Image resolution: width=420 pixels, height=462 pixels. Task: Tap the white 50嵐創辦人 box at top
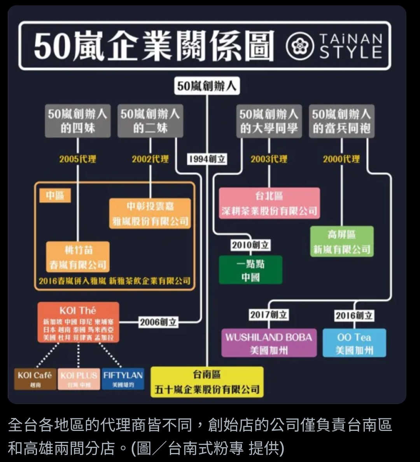tap(206, 86)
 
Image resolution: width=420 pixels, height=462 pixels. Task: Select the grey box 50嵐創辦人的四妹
tap(77, 121)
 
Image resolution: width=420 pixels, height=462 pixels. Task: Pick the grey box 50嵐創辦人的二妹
tap(150, 121)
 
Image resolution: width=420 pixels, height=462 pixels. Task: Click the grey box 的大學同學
tap(269, 121)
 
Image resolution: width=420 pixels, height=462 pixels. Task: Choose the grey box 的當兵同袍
tap(341, 121)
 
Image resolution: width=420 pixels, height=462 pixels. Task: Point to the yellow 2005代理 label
tap(77, 159)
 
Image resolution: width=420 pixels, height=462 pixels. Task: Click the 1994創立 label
tap(207, 159)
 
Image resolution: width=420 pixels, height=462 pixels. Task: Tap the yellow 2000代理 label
tap(341, 159)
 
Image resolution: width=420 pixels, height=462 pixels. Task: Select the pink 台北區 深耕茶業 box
tap(269, 203)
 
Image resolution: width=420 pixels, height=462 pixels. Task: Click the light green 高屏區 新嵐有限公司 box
tap(342, 241)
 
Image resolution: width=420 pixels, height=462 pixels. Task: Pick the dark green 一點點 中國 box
tap(250, 270)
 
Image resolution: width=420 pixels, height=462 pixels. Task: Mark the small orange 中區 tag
tap(55, 196)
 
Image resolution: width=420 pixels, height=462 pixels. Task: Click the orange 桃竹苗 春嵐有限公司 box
tap(78, 257)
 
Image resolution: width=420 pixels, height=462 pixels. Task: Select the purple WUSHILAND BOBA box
tap(269, 343)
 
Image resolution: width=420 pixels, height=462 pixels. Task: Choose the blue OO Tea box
tap(354, 343)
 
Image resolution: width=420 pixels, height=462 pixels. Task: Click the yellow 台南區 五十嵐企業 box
tap(207, 382)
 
